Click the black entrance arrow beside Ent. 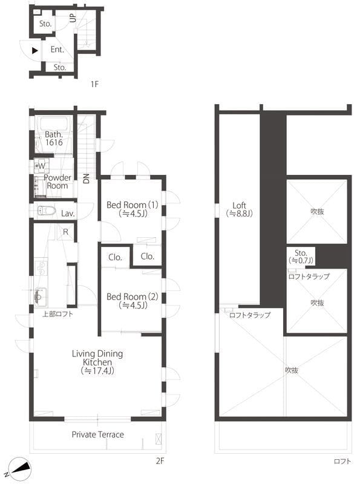coord(35,51)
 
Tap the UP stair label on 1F coord(73,18)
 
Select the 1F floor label coord(94,84)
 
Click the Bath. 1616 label coord(53,139)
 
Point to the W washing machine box coord(40,165)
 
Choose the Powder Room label coord(57,182)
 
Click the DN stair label coord(87,178)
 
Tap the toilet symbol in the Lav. coord(47,212)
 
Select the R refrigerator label coord(65,232)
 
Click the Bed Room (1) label coord(132,209)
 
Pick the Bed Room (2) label coord(132,301)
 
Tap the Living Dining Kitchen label coord(97,362)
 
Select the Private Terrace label coord(97,434)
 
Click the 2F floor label coord(160,461)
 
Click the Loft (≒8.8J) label coord(238,209)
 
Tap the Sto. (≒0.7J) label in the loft coord(301,256)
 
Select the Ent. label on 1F coord(57,50)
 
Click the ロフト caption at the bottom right coord(342,461)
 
